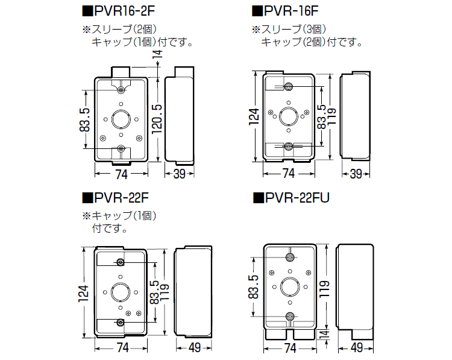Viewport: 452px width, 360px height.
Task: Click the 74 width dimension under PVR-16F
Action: (287, 174)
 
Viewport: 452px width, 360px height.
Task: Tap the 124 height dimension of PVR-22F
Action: (84, 293)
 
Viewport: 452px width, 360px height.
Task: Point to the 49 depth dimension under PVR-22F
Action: (195, 347)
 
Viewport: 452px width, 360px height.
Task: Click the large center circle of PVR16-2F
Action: (121, 118)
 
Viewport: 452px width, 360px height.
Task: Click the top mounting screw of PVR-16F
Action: (288, 86)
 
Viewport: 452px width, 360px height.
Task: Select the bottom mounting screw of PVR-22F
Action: (121, 323)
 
